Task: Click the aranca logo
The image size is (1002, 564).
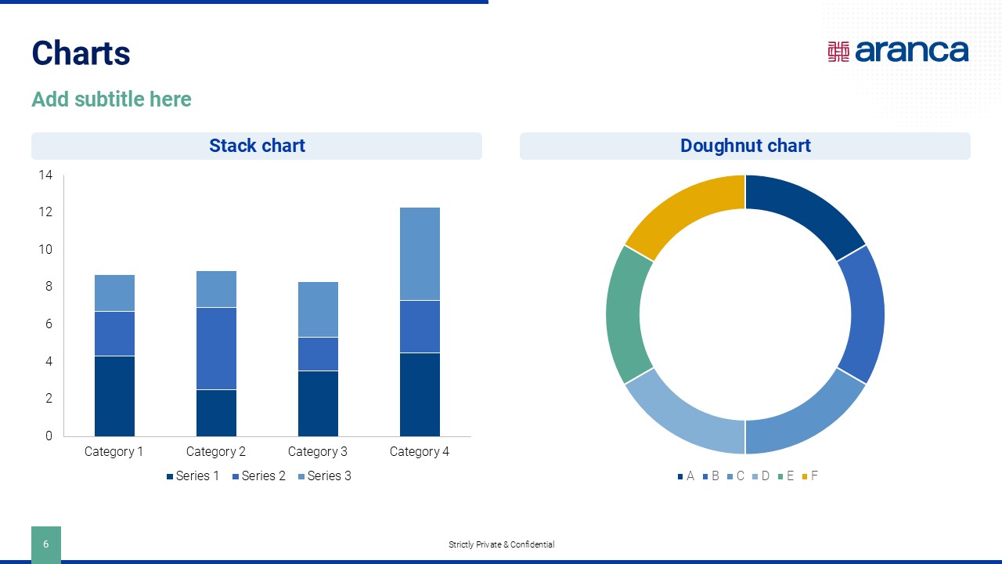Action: (x=898, y=51)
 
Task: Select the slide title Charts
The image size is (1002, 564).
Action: (x=81, y=53)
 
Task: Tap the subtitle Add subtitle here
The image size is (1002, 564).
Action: (x=111, y=99)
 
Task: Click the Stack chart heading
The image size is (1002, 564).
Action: (x=257, y=146)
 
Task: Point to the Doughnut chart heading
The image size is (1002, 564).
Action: (x=744, y=146)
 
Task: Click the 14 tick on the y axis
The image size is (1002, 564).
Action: (x=45, y=175)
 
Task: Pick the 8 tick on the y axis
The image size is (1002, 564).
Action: (x=48, y=287)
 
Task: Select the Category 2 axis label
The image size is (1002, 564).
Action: (x=216, y=452)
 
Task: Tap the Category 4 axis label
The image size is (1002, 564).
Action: (x=420, y=452)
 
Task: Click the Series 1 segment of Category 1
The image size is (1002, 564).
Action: (x=114, y=396)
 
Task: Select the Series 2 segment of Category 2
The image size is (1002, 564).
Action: (x=216, y=348)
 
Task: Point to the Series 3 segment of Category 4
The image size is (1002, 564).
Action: (x=420, y=253)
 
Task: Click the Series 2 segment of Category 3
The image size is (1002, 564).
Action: (x=318, y=353)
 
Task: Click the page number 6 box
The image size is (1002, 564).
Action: (x=45, y=544)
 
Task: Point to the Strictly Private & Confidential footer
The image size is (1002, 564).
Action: (x=501, y=544)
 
